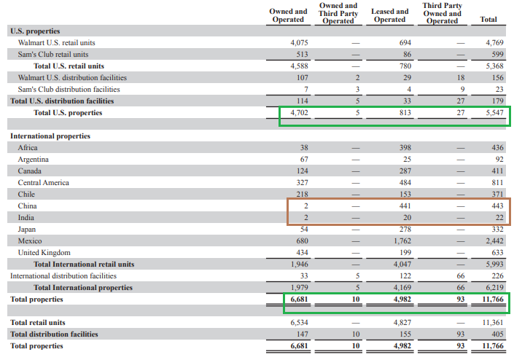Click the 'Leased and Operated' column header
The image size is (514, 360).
pos(390,15)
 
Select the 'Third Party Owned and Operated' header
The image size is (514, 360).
pos(443,13)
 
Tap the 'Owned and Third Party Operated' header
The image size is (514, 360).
pos(338,13)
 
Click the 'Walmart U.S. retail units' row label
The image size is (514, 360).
pos(56,42)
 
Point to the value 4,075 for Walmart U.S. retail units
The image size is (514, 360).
pos(299,42)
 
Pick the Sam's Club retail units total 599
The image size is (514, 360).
pos(497,55)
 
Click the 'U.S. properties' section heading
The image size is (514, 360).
pos(35,31)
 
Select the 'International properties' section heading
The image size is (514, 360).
pos(50,136)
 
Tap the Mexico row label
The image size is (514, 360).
pos(30,241)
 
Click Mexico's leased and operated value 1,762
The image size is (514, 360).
pos(402,241)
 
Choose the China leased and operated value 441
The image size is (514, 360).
pos(405,206)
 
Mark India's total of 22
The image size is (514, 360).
pos(499,218)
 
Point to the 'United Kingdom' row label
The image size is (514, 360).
pos(44,253)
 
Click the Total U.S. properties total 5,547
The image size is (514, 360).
pos(494,113)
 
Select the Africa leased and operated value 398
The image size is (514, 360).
pos(405,148)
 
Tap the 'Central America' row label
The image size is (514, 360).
pos(43,183)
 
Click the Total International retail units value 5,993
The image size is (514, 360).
pos(494,265)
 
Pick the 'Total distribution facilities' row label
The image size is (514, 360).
pos(54,334)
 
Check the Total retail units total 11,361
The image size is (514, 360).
pos(493,323)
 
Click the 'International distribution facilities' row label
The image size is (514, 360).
pos(63,275)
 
